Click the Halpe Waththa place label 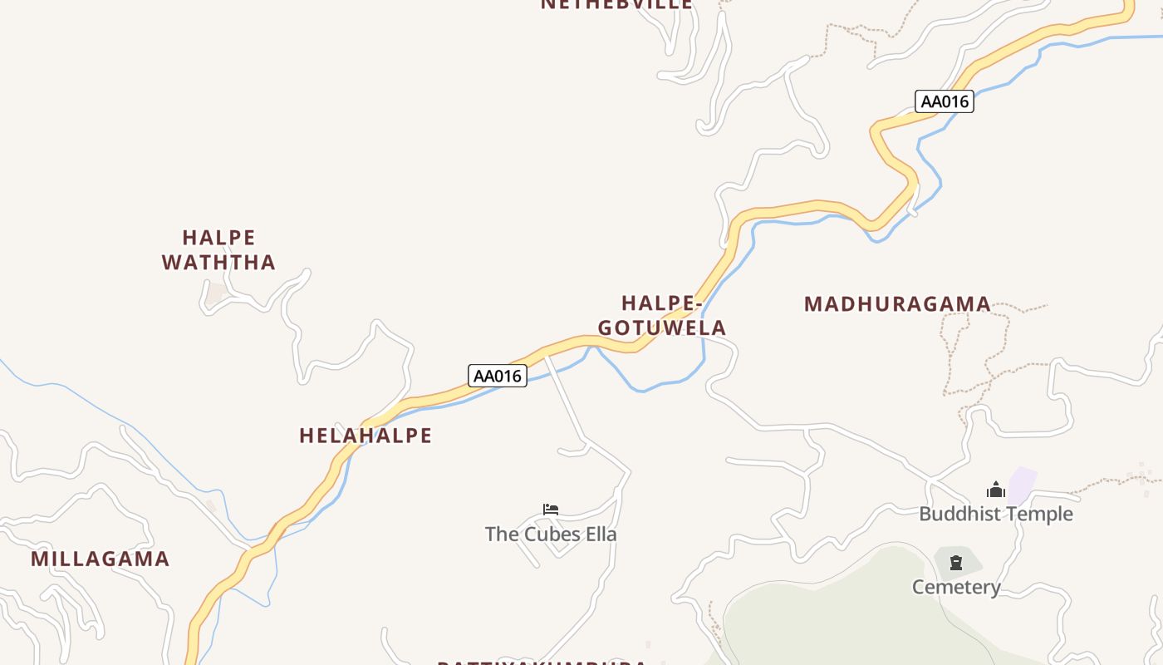pyautogui.click(x=218, y=250)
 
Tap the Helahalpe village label pyautogui.click(x=366, y=436)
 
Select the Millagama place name pyautogui.click(x=101, y=559)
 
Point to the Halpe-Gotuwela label pyautogui.click(x=662, y=315)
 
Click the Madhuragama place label pyautogui.click(x=897, y=304)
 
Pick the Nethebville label pyautogui.click(x=616, y=4)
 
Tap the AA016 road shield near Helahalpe pyautogui.click(x=498, y=376)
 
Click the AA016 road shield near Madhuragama pyautogui.click(x=945, y=101)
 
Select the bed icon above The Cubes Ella pyautogui.click(x=551, y=509)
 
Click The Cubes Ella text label pyautogui.click(x=551, y=534)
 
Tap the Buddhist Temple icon pyautogui.click(x=996, y=490)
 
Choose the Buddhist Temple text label pyautogui.click(x=996, y=514)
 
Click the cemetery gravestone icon pyautogui.click(x=956, y=563)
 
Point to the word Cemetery pyautogui.click(x=956, y=587)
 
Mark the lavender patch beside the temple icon pyautogui.click(x=1023, y=484)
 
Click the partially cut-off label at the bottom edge pyautogui.click(x=542, y=663)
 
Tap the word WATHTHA pyautogui.click(x=218, y=263)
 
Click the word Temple pyautogui.click(x=1040, y=514)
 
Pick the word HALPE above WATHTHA pyautogui.click(x=218, y=238)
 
